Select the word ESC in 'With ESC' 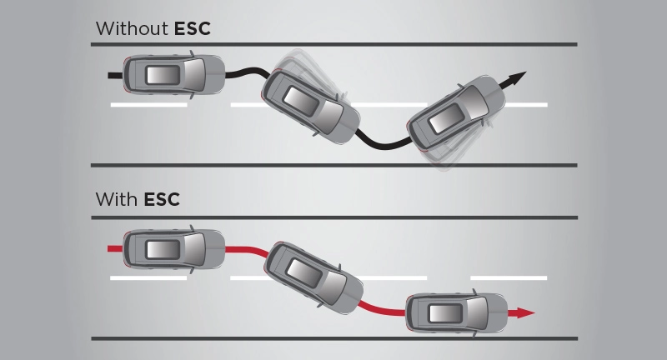click(x=162, y=200)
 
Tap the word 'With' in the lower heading click(x=117, y=200)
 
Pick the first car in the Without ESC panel click(x=173, y=75)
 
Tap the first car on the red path click(x=173, y=247)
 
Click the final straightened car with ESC click(x=455, y=313)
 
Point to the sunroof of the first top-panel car click(x=163, y=75)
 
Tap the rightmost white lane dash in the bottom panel click(x=509, y=277)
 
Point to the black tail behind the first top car click(x=115, y=75)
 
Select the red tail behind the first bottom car click(x=115, y=247)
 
